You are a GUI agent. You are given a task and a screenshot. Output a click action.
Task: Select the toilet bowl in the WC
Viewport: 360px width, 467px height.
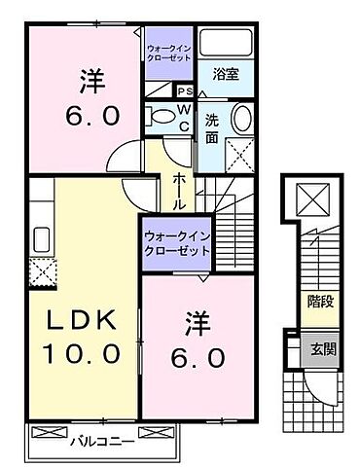[162, 117]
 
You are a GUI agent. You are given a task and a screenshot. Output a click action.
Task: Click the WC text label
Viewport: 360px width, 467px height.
[184, 118]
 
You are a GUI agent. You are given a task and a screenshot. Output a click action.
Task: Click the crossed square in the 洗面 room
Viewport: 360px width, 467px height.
[237, 153]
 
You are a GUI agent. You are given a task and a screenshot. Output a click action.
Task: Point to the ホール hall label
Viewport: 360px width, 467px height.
[180, 191]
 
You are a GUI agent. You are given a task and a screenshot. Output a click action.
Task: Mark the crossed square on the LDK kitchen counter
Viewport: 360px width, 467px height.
[41, 271]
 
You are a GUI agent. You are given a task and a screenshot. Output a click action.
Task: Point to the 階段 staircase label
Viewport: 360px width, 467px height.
[319, 303]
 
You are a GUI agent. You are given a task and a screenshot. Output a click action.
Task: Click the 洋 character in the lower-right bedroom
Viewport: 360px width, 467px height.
[194, 319]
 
